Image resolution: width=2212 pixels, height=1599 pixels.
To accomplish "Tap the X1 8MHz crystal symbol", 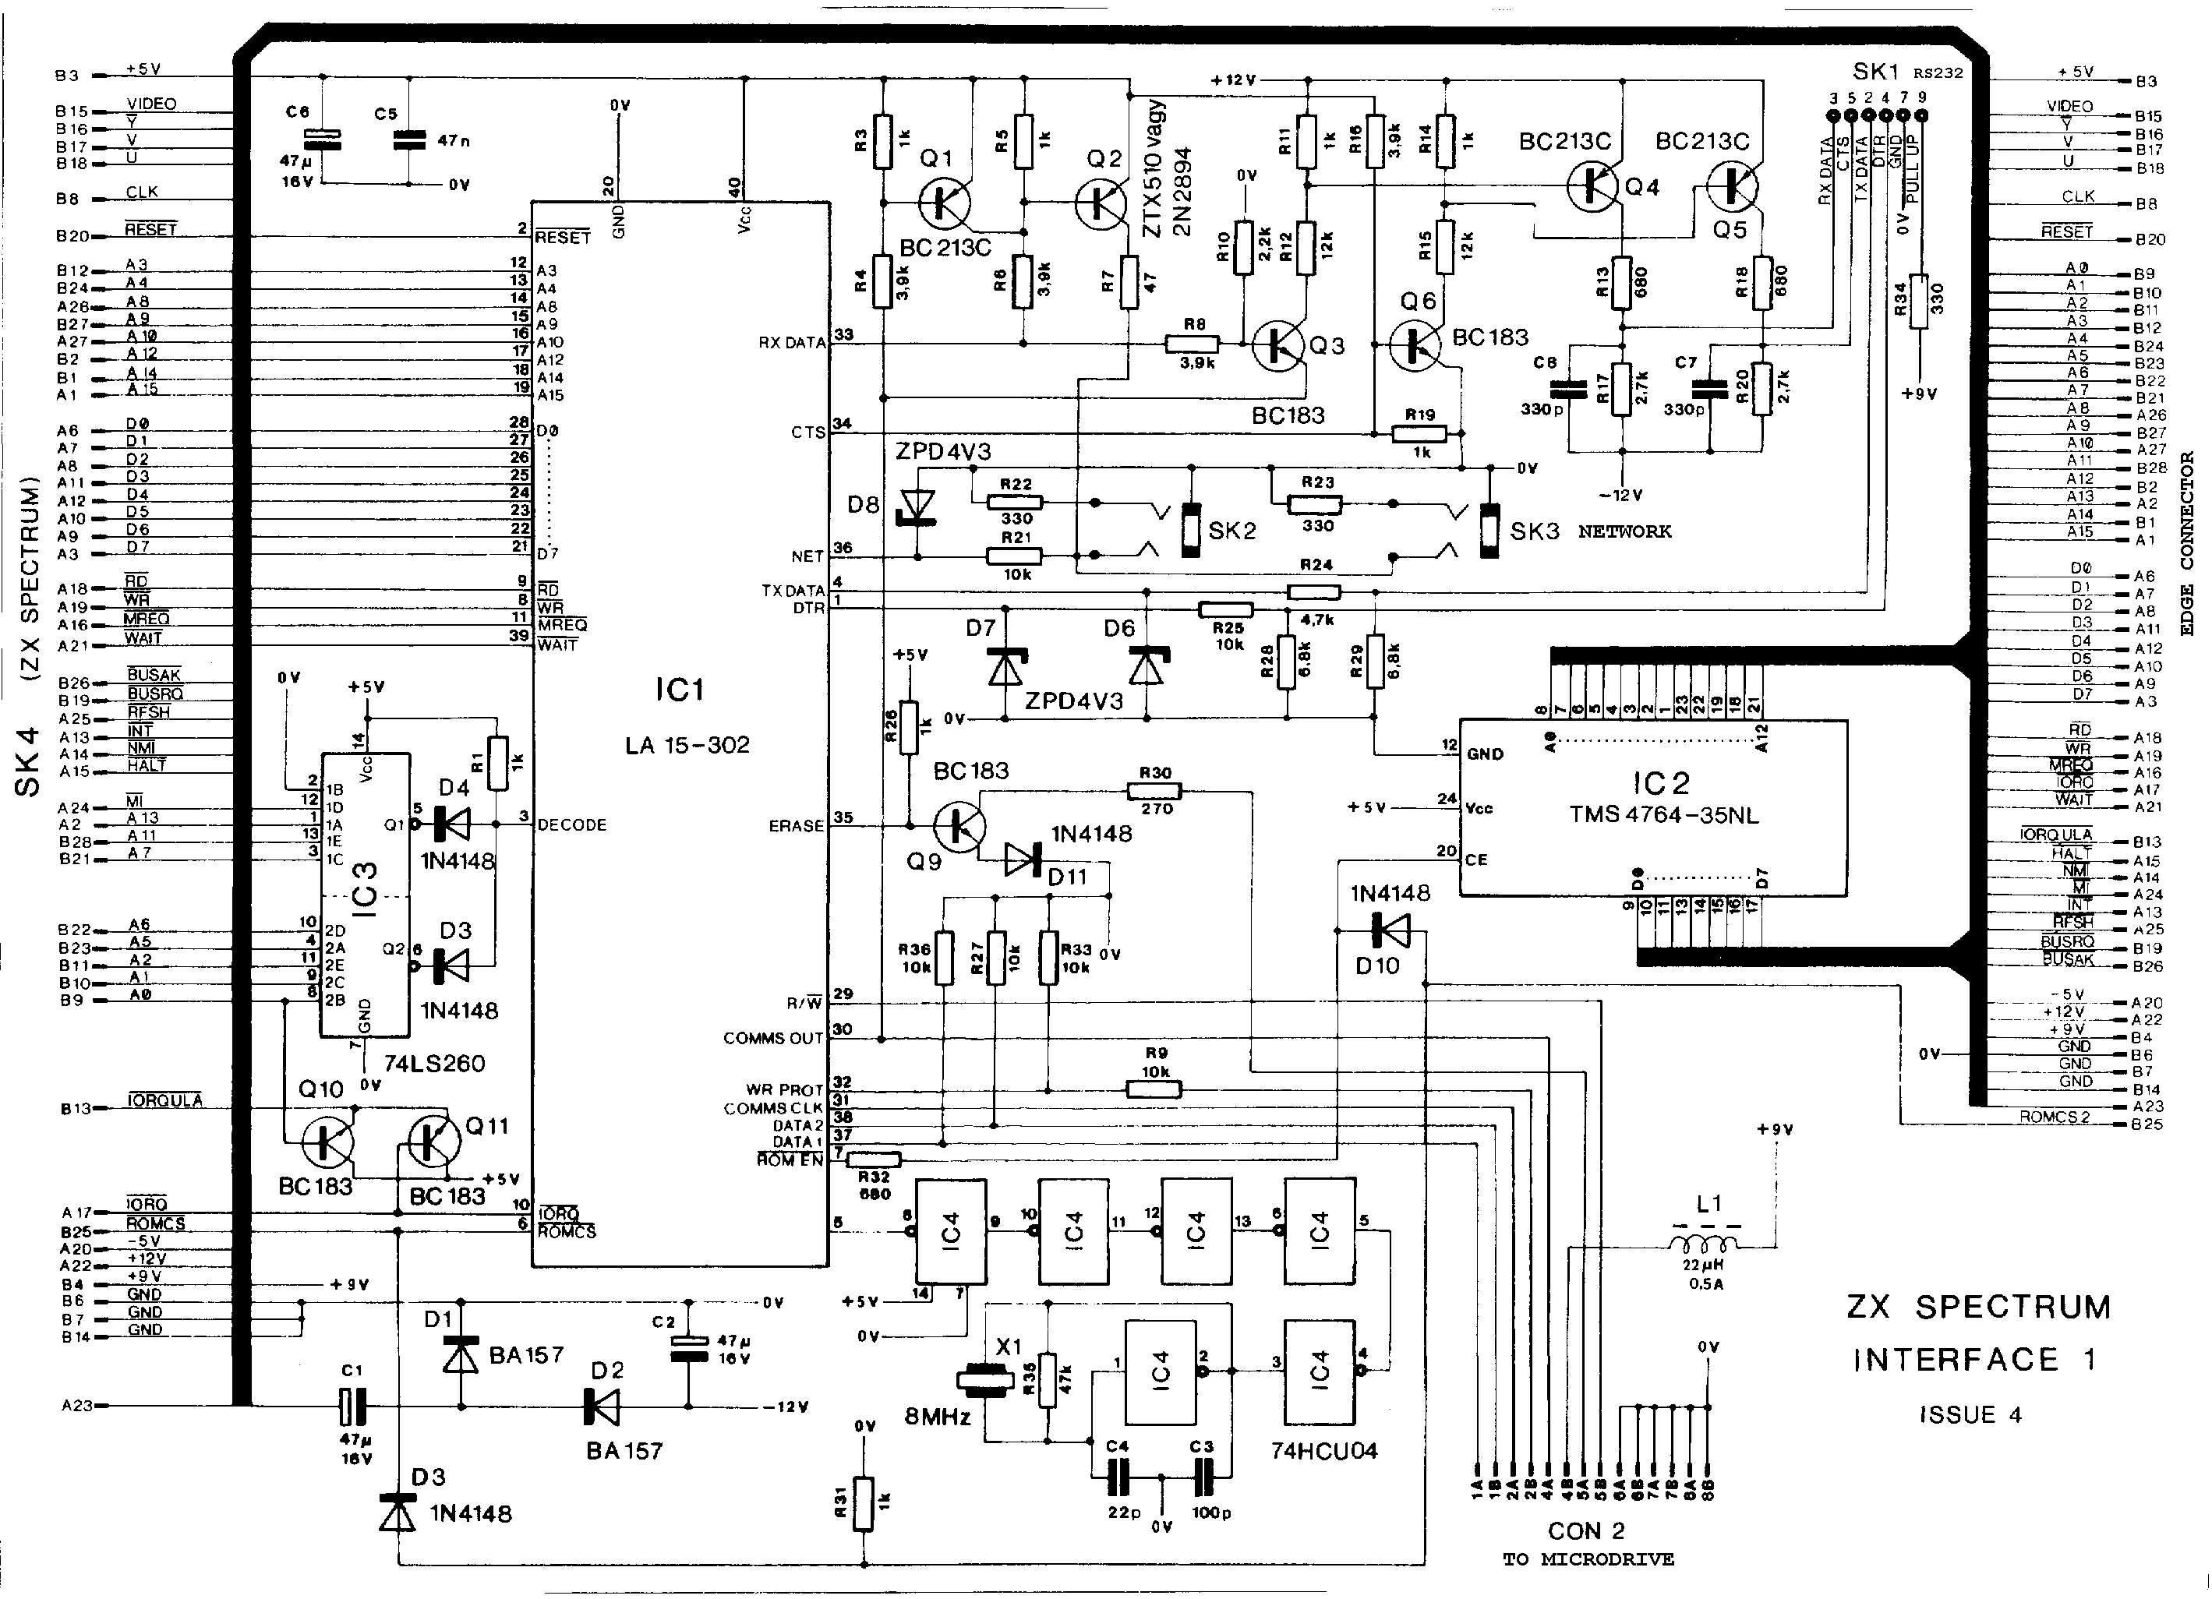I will tap(985, 1381).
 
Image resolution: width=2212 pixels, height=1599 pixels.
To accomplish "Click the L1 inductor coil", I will tap(1702, 1245).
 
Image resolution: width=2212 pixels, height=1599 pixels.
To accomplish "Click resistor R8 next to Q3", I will tap(1192, 343).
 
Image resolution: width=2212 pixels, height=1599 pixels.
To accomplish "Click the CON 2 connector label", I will tap(1586, 1530).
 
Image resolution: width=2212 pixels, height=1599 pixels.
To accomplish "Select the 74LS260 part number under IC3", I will tap(434, 1063).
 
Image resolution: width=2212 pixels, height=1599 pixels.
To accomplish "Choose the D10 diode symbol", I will tap(1390, 931).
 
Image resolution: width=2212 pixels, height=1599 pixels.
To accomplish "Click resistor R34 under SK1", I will tap(1918, 302).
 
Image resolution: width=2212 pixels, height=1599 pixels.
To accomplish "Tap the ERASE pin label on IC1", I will tap(796, 826).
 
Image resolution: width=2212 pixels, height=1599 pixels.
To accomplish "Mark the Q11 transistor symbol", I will tap(434, 1142).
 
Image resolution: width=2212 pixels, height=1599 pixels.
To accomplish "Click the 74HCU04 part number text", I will tap(1323, 1451).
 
